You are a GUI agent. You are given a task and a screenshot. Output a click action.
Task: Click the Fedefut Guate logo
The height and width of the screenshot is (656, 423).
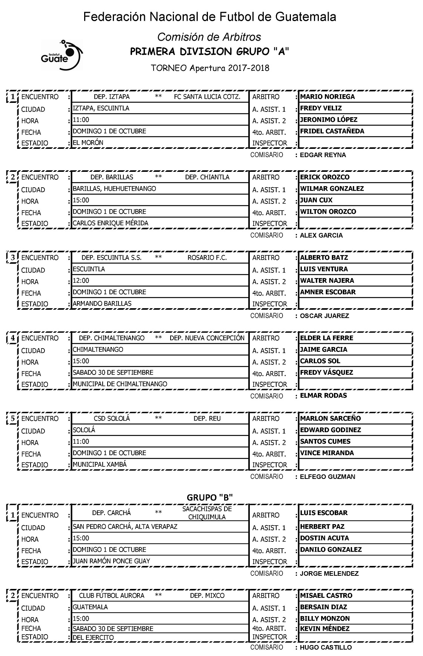click(62, 55)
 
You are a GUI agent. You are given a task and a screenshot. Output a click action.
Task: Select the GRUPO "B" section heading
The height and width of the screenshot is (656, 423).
click(210, 497)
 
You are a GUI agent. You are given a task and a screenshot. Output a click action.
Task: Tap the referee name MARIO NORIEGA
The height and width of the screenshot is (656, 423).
click(327, 97)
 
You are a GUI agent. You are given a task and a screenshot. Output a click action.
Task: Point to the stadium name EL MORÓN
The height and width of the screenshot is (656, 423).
click(88, 143)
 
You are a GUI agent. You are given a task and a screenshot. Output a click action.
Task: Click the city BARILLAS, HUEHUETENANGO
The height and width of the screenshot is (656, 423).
click(114, 188)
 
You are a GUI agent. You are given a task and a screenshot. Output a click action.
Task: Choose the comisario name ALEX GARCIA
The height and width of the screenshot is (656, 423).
click(321, 235)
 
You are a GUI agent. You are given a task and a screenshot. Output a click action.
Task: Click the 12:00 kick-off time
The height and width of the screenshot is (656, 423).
click(81, 281)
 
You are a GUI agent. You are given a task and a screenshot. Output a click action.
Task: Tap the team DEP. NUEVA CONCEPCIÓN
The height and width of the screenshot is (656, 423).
click(207, 338)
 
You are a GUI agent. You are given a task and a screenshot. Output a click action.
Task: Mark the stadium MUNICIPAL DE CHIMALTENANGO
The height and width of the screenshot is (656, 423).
click(120, 384)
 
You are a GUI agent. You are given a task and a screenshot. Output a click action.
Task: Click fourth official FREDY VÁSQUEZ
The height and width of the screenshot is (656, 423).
click(326, 373)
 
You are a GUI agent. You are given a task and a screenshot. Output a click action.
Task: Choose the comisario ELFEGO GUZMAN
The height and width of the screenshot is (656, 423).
click(328, 477)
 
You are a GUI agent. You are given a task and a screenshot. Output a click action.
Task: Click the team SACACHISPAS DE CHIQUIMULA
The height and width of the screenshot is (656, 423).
click(207, 513)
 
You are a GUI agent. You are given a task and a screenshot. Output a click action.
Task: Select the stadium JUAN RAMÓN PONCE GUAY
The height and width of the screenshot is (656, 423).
click(111, 561)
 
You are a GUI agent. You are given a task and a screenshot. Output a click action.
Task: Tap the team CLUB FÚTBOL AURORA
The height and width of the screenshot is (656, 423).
click(112, 596)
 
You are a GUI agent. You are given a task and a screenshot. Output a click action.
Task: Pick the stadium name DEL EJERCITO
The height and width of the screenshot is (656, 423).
click(93, 638)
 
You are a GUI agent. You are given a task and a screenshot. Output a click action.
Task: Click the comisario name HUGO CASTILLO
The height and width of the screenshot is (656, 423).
click(326, 647)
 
